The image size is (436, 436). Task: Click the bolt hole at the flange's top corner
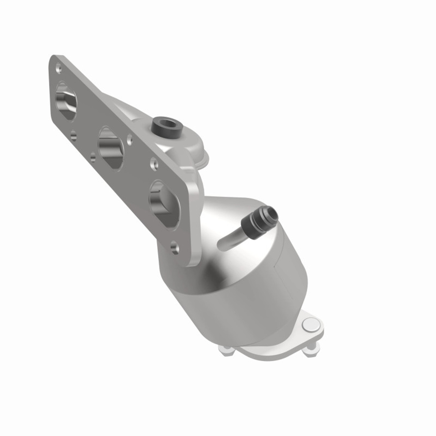(60, 70)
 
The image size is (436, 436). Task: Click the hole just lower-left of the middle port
(93, 156)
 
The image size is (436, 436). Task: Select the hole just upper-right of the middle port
(130, 139)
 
